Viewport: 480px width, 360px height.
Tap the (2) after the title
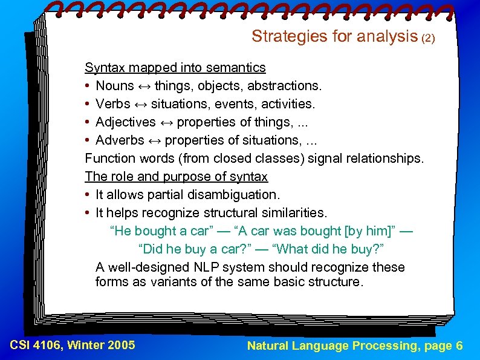click(x=427, y=38)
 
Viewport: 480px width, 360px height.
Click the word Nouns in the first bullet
click(x=115, y=86)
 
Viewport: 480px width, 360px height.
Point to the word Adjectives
click(x=126, y=122)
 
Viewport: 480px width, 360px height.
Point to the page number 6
click(x=459, y=346)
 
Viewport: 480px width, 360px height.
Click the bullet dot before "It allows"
click(x=88, y=195)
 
